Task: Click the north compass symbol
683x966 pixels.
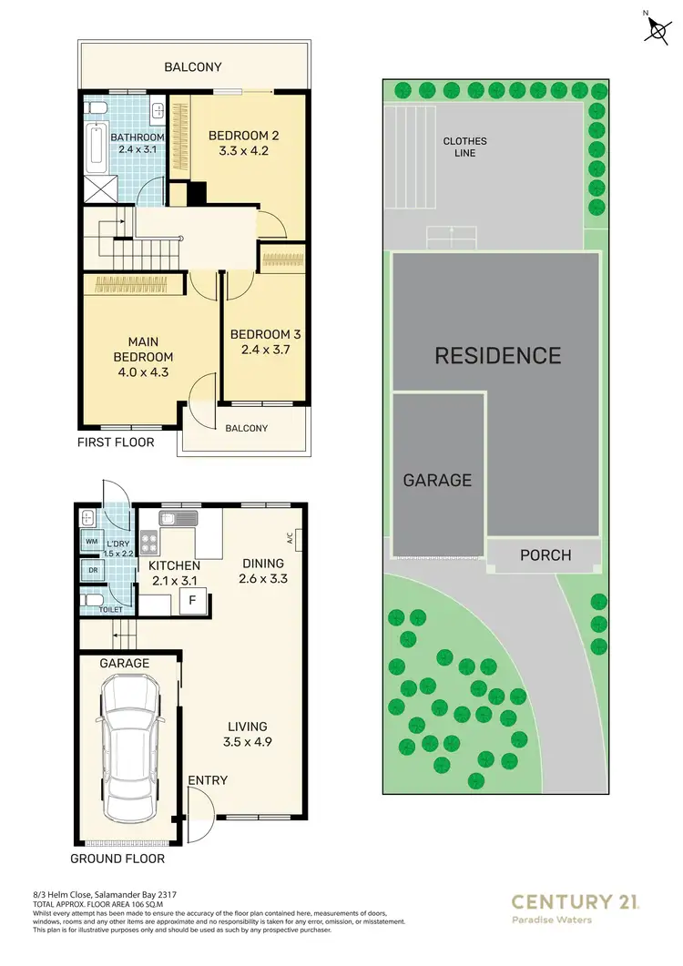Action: tap(656, 28)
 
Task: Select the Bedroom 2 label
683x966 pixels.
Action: tap(243, 136)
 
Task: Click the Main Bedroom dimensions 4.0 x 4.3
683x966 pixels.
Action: tap(142, 372)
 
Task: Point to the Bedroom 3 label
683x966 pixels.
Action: tap(265, 334)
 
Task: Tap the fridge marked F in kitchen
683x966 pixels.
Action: tap(192, 601)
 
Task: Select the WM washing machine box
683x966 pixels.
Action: tap(90, 542)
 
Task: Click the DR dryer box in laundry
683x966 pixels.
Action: tap(92, 571)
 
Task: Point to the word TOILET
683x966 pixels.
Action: tap(110, 610)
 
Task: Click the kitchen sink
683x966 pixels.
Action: tap(178, 519)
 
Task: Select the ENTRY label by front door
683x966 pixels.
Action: tap(208, 780)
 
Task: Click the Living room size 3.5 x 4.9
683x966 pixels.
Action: tap(248, 742)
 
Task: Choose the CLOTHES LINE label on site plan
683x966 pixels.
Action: tap(464, 147)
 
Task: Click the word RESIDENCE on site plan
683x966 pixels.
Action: tap(497, 355)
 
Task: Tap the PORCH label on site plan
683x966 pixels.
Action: tap(545, 554)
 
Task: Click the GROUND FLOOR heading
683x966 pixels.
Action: tap(117, 858)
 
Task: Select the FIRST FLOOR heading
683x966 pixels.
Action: tap(117, 442)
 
